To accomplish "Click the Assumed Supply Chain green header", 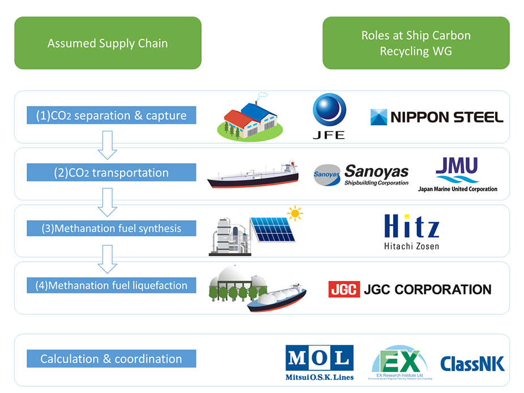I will [108, 43].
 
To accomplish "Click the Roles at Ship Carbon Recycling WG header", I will [416, 43].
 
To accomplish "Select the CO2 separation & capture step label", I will [112, 116].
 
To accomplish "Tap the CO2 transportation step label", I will [112, 173].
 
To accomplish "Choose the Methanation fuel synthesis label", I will [112, 229].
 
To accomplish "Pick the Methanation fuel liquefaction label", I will [112, 285].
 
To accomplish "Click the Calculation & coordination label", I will [112, 359].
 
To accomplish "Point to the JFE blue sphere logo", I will [329, 111].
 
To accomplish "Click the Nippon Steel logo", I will [436, 117].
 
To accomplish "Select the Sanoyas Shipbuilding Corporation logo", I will [361, 174].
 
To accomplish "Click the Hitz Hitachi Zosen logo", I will [411, 231].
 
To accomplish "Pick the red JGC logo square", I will [344, 289].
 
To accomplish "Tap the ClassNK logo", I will [472, 363].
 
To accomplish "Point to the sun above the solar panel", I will [294, 213].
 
